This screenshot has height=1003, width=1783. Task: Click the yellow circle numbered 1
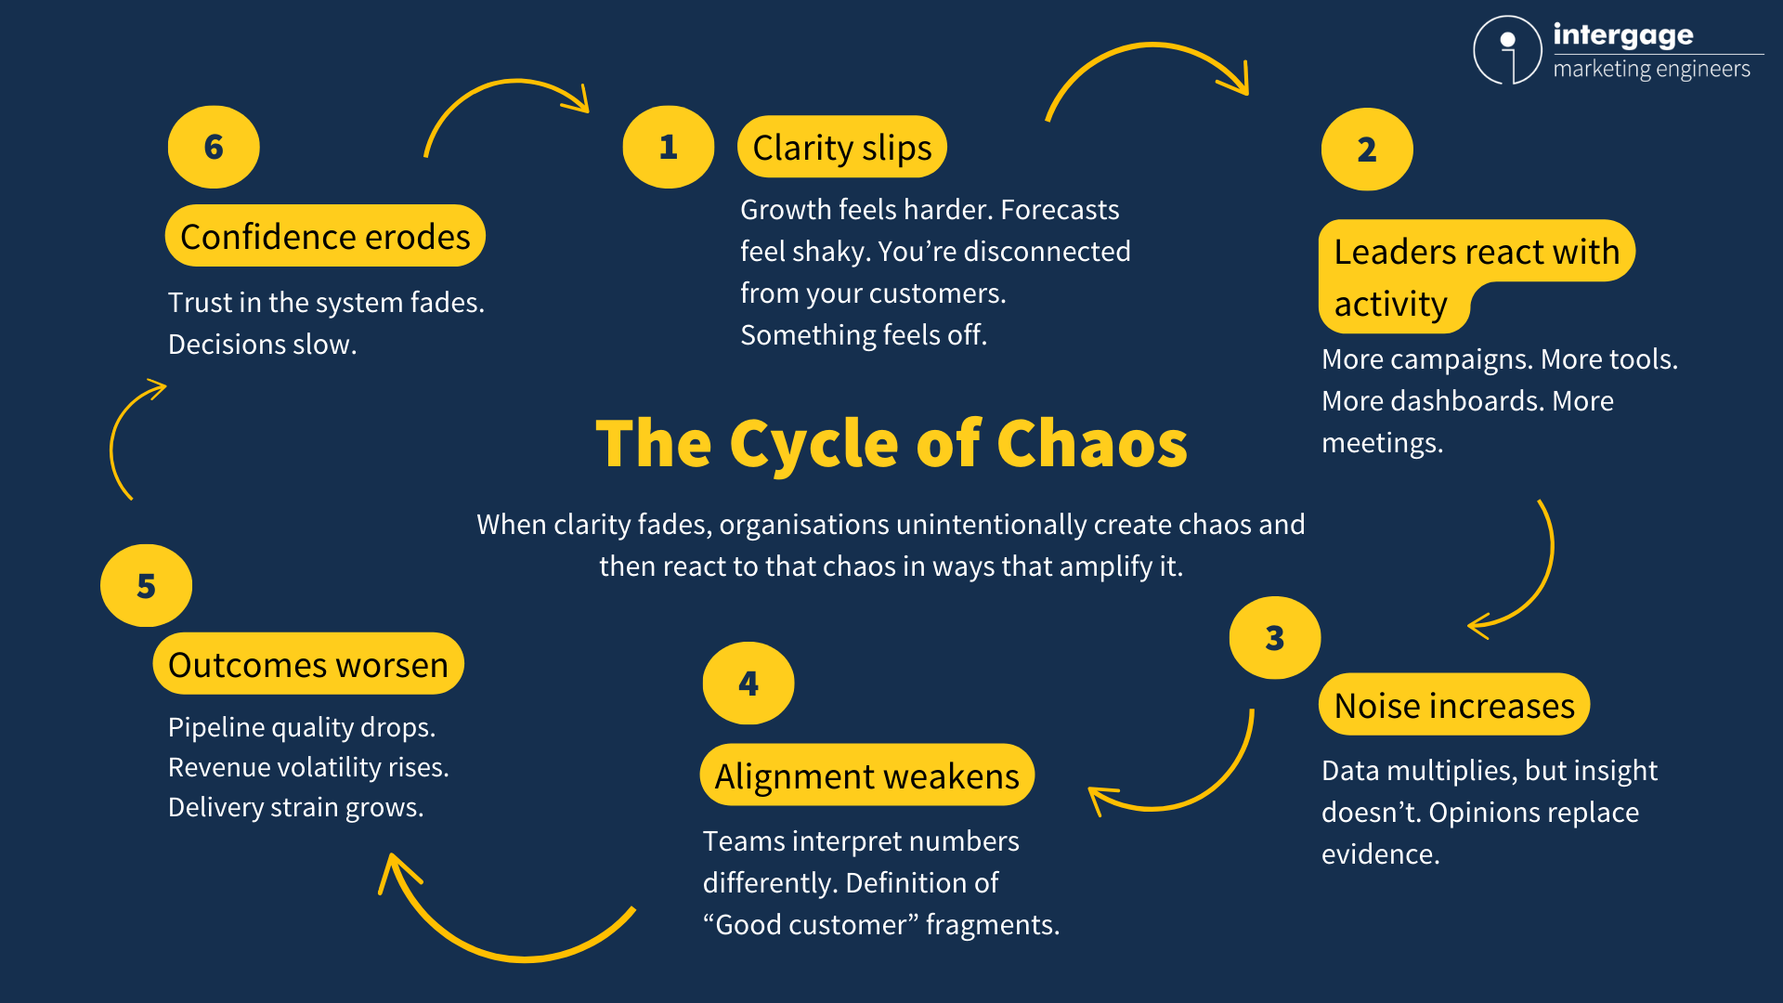pos(668,147)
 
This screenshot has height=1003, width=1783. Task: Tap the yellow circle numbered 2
pos(1366,150)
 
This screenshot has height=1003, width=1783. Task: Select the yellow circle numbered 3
pos(1274,638)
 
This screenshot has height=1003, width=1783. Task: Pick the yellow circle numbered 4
pos(748,684)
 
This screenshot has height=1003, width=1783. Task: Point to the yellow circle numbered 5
pos(146,586)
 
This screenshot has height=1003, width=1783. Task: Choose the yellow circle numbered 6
pos(214,147)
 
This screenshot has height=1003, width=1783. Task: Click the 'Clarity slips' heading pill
pos(841,148)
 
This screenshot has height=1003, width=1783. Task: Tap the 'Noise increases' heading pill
pos(1453,706)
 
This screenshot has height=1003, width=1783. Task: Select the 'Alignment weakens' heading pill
pos(866,775)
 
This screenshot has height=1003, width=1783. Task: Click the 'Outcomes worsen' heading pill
pos(307,665)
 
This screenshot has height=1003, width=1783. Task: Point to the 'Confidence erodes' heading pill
pos(325,237)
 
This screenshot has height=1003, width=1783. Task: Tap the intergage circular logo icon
pos(1507,50)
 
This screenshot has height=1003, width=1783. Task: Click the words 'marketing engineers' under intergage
pos(1651,70)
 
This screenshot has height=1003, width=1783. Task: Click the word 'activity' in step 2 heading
pos(1390,305)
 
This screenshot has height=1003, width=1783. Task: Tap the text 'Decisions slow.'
pos(262,345)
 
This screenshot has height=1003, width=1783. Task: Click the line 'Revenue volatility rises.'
pos(308,768)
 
